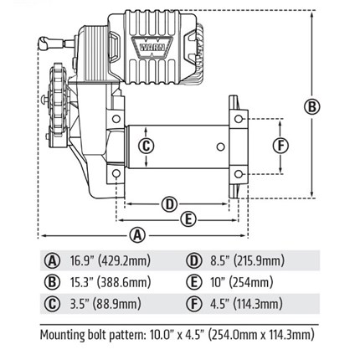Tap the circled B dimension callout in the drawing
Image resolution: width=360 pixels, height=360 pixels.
coord(312,106)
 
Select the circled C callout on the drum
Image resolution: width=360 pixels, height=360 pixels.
coord(147,146)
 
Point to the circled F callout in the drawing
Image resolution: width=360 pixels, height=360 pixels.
coord(280,146)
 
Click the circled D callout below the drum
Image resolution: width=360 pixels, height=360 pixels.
coord(170,204)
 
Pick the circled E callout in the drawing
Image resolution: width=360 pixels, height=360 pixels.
coord(188,220)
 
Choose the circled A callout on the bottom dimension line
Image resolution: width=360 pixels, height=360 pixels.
coord(137,236)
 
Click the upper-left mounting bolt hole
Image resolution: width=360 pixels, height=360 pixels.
coord(116,119)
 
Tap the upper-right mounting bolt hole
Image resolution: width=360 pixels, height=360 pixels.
coord(238,119)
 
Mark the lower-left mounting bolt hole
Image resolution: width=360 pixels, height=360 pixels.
coord(116,173)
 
